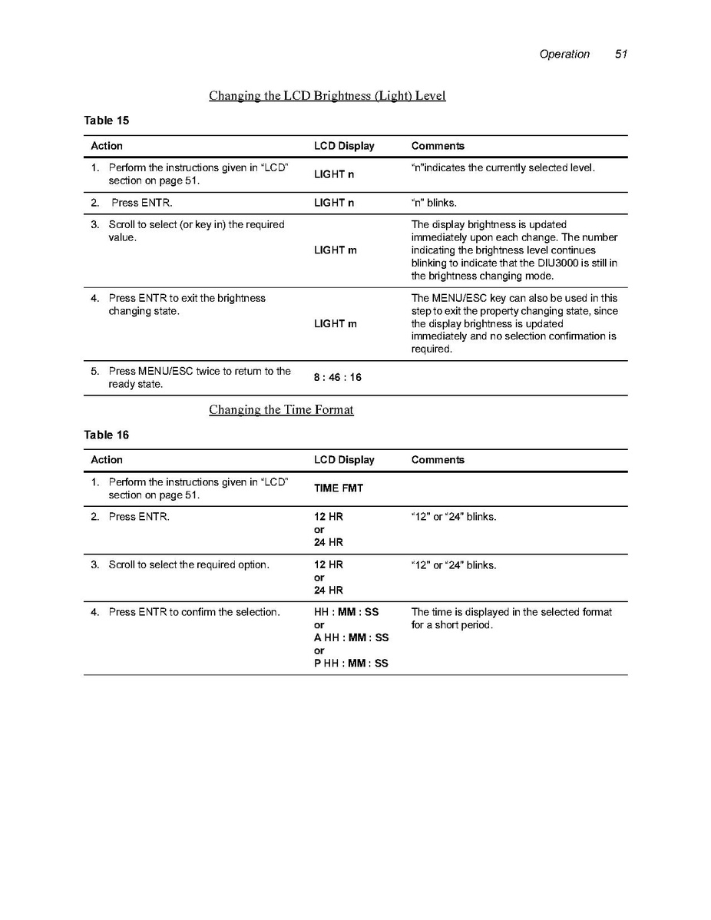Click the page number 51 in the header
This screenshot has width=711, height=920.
click(x=621, y=55)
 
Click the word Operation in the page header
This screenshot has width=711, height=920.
click(x=564, y=55)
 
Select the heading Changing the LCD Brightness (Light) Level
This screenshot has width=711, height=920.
click(x=327, y=96)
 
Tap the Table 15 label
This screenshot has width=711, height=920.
click(x=106, y=121)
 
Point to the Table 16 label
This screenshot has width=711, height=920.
click(x=106, y=435)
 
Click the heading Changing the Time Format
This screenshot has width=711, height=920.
click(x=281, y=410)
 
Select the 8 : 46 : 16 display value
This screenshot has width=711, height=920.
click(x=338, y=378)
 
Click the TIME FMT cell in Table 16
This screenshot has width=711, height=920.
click(x=339, y=488)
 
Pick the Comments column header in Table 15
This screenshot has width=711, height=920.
click(x=438, y=146)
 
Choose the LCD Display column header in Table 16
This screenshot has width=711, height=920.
click(x=344, y=460)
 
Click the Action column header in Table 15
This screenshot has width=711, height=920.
click(x=107, y=146)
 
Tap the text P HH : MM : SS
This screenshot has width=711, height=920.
click(x=351, y=664)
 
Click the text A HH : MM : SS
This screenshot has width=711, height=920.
click(x=351, y=638)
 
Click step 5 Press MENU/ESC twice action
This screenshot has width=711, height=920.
click(x=199, y=378)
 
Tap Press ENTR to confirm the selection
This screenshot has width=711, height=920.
click(x=193, y=612)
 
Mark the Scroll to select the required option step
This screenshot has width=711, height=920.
click(x=188, y=565)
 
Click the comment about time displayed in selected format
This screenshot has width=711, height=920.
click(x=511, y=618)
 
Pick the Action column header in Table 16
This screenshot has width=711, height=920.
click(x=107, y=460)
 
